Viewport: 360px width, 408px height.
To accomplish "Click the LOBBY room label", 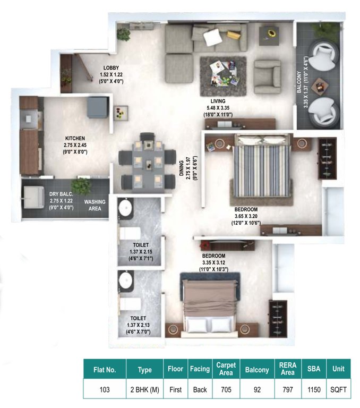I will [x=111, y=67].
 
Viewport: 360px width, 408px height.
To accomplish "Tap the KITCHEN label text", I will [x=75, y=138].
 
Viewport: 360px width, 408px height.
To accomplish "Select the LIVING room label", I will [x=218, y=101].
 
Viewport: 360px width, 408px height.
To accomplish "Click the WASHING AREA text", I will [x=95, y=206].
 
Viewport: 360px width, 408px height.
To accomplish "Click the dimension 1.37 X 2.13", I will [x=138, y=325].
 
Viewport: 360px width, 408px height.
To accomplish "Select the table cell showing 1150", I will [x=314, y=389].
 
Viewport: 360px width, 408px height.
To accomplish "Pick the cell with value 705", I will [x=226, y=389].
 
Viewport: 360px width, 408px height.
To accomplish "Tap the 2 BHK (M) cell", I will [x=144, y=389].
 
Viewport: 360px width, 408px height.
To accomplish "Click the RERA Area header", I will [x=287, y=369].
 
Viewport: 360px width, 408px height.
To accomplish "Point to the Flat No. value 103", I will [x=105, y=389].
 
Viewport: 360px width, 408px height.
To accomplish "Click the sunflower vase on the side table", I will [x=271, y=34].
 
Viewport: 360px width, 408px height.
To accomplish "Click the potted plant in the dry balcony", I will [x=81, y=186].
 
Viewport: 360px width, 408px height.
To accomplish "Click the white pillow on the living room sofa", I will [x=214, y=37].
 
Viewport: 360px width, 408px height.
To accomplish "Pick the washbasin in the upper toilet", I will [x=126, y=207].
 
